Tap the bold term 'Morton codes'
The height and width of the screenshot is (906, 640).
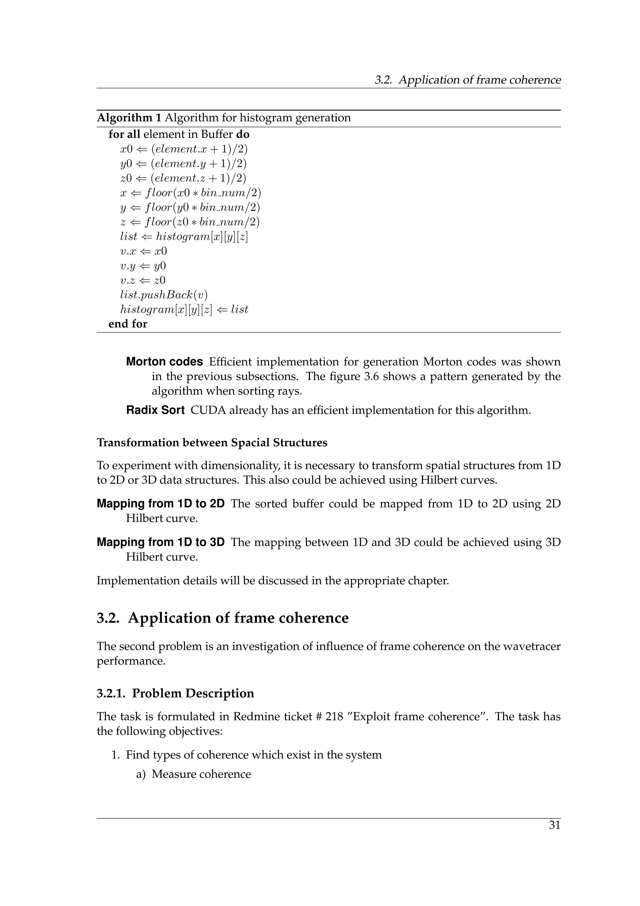click(164, 362)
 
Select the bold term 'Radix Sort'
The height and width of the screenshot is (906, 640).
click(155, 410)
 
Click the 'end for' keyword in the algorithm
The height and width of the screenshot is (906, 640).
click(128, 324)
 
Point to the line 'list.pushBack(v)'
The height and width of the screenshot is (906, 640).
click(163, 295)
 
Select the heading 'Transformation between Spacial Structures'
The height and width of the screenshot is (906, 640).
click(212, 443)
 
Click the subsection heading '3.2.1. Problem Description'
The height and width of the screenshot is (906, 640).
click(175, 693)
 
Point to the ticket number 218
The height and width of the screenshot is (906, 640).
click(334, 717)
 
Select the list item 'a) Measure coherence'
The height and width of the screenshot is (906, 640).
click(193, 774)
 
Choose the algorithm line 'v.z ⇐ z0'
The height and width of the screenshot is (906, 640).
click(143, 281)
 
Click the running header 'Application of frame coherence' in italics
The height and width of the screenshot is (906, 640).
click(479, 80)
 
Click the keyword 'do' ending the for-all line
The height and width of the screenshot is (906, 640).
click(242, 135)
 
